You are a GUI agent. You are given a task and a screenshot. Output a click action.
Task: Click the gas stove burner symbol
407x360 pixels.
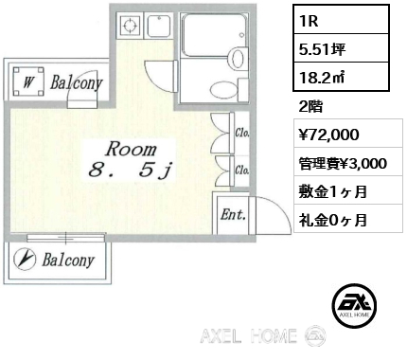130,26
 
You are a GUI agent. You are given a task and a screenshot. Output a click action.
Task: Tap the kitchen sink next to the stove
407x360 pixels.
159,26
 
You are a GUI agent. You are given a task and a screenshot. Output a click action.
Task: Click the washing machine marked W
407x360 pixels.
28,81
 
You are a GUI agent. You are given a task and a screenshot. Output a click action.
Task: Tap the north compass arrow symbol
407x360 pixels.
25,260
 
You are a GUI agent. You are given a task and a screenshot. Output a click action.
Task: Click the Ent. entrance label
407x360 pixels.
233,215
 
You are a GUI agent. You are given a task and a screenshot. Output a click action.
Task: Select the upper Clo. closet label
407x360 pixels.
242,133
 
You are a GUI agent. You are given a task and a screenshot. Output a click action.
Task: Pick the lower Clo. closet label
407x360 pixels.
242,170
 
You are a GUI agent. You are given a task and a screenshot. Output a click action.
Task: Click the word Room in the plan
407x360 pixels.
132,149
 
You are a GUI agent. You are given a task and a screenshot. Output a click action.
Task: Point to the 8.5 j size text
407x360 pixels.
131,171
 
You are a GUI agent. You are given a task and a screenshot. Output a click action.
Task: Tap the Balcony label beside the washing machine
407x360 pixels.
77,82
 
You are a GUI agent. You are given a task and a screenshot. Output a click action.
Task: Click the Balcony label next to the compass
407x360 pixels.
68,260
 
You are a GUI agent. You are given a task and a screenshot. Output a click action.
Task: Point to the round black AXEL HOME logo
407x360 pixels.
354,305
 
